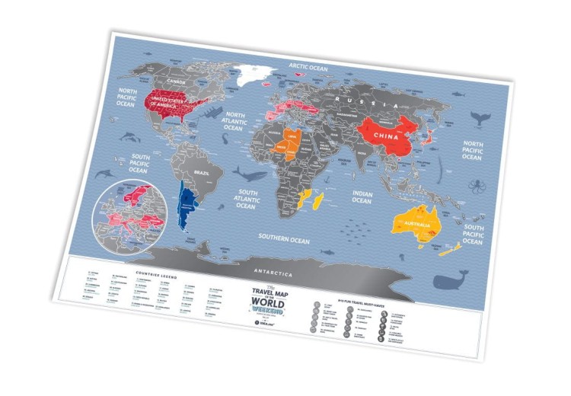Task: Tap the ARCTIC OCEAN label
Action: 307,68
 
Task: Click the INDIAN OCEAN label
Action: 362,196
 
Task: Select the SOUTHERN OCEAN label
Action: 285,239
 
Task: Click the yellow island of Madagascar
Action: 308,200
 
